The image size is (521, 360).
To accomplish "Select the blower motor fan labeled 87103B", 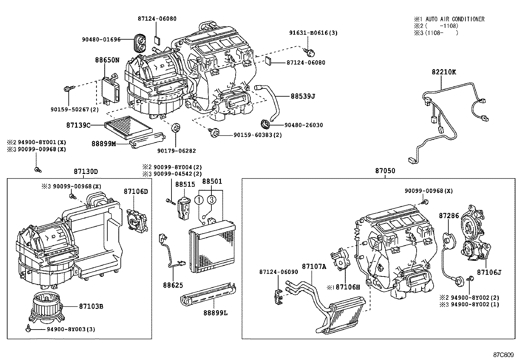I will point(45,307).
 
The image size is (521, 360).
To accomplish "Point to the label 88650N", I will point(107,60).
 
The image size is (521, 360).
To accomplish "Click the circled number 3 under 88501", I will point(211,199).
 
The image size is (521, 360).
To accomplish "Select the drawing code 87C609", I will point(504,355).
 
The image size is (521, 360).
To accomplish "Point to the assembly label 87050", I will point(385,171).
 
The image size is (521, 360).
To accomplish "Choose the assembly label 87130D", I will point(86,171).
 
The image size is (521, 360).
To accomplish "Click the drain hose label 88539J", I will point(303,96).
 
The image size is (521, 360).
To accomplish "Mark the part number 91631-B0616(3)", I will point(313,33).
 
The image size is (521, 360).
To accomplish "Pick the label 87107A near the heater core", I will point(314,267).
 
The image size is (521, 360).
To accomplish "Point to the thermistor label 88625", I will point(173,285).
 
